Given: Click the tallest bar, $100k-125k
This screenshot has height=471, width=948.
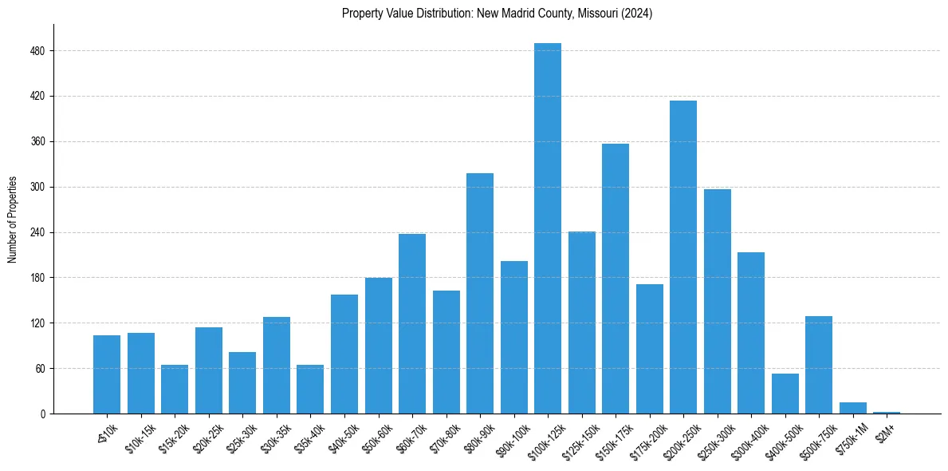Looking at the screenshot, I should tap(547, 232).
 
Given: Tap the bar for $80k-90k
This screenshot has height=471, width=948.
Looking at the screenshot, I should tap(479, 295).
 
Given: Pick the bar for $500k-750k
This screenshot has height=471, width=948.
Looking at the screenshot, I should tap(818, 366).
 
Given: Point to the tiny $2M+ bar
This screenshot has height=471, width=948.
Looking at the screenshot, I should tap(886, 413).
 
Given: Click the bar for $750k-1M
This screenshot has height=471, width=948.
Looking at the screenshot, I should tap(852, 408).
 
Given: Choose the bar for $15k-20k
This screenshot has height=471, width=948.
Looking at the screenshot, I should tap(174, 390).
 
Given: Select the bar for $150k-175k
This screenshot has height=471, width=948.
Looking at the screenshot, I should tap(615, 279).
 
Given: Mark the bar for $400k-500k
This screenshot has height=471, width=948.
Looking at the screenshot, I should tap(785, 394).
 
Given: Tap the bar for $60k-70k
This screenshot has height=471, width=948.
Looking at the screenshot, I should tap(411, 324).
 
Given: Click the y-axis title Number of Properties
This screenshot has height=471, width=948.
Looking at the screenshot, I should tap(13, 220).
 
